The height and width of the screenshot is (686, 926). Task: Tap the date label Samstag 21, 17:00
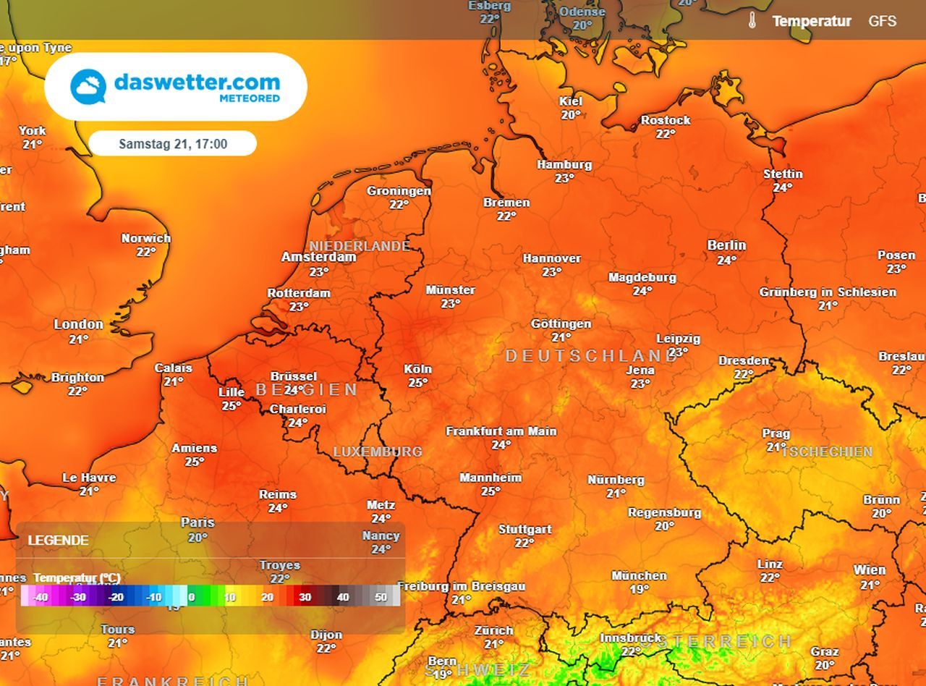tap(173, 144)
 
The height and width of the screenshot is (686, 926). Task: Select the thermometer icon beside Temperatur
tap(752, 20)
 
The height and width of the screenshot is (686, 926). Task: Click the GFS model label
tap(882, 21)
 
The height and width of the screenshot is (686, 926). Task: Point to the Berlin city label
tap(726, 245)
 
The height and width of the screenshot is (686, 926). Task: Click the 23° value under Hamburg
tap(564, 178)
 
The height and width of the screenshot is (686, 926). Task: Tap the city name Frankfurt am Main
tap(501, 431)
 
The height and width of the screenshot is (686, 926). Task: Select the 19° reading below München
tap(639, 589)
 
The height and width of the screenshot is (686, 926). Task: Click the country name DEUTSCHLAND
tap(591, 356)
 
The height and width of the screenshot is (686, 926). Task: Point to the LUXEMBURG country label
tap(377, 452)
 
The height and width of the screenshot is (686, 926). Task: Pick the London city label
tap(78, 324)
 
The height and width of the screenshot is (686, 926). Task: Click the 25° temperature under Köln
tap(417, 382)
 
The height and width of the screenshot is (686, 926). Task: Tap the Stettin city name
tap(783, 174)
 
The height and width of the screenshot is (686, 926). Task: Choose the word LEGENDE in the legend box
tap(58, 541)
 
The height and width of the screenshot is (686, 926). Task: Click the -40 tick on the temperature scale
tap(41, 598)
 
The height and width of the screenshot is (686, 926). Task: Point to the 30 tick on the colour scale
tap(305, 598)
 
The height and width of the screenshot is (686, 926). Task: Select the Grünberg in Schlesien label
tap(828, 292)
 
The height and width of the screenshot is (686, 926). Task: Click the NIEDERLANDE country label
tap(360, 247)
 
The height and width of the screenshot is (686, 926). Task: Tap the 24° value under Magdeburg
tap(642, 291)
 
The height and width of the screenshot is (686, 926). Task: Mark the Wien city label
tap(869, 570)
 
